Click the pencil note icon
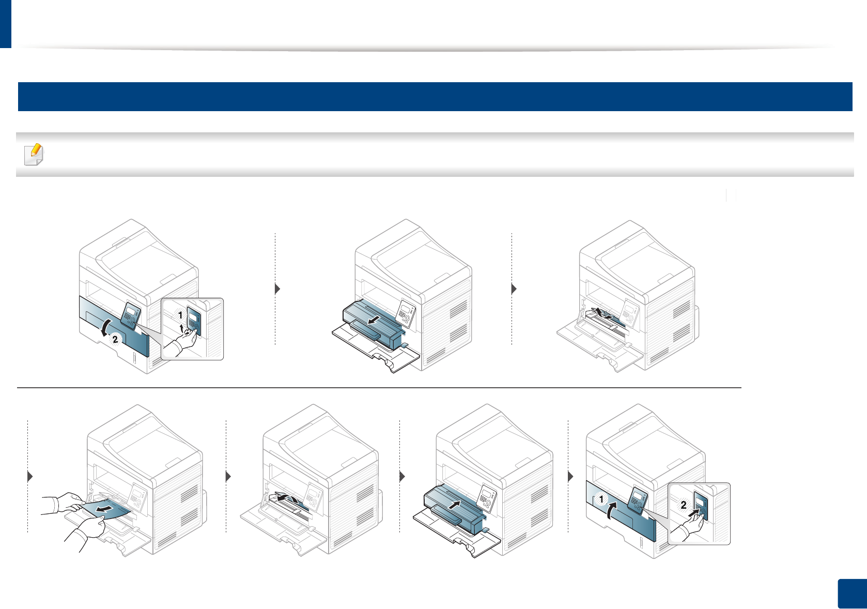(x=35, y=155)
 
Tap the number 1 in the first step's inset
(x=180, y=315)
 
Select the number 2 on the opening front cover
(x=115, y=339)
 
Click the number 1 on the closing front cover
(x=601, y=499)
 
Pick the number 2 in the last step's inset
(x=684, y=505)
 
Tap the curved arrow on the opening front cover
(x=105, y=328)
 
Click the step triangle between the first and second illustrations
(x=277, y=288)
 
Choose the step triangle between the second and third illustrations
(x=514, y=288)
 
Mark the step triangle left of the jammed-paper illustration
(x=30, y=476)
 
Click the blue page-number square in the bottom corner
(x=851, y=594)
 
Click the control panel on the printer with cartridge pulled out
(x=405, y=312)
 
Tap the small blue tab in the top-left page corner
(x=5, y=24)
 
